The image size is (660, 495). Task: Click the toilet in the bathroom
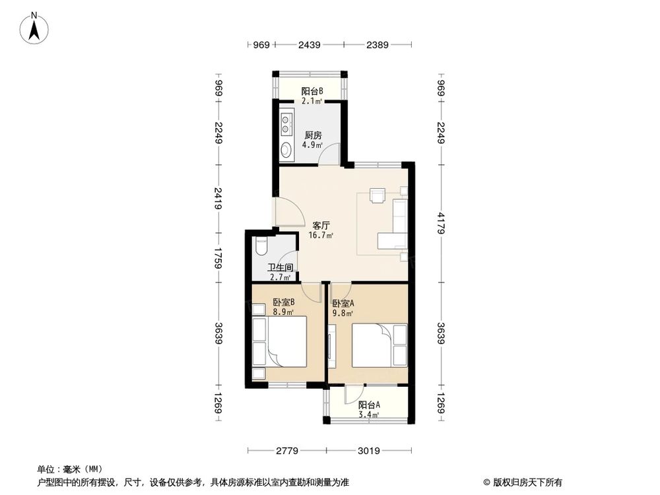click(x=260, y=246)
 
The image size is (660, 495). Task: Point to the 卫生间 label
click(x=280, y=267)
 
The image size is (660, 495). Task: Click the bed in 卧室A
click(x=373, y=345)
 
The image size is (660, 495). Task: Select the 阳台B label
click(x=312, y=91)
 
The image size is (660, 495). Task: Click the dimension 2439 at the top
click(x=309, y=45)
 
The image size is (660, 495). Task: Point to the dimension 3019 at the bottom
click(x=369, y=451)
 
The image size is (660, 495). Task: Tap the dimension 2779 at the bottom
click(x=288, y=451)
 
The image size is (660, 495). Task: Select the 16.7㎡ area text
click(x=321, y=235)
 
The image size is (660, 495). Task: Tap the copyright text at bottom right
click(x=521, y=482)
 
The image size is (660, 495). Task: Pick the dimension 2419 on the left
click(x=218, y=197)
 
